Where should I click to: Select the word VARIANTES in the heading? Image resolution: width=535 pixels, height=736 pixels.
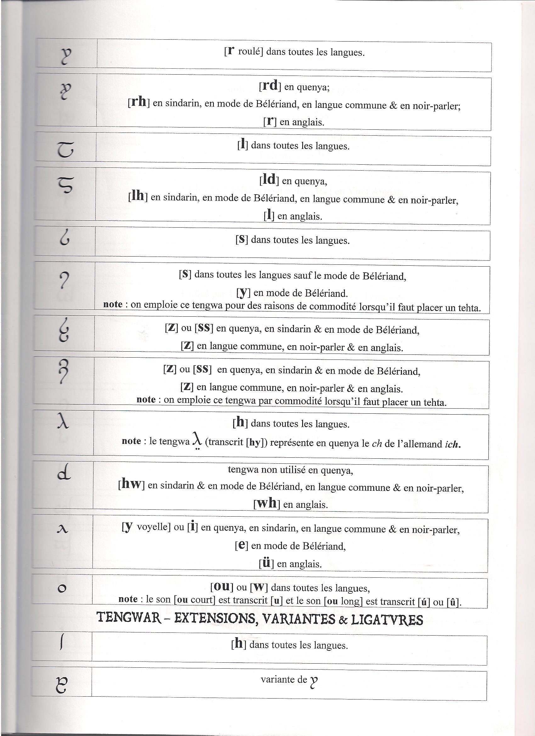pos(296,619)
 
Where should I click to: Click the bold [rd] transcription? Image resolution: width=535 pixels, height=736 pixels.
pos(270,86)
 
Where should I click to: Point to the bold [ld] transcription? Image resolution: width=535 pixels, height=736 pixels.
pos(269,179)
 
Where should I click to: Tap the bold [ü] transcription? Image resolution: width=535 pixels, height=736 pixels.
pos(266,563)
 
